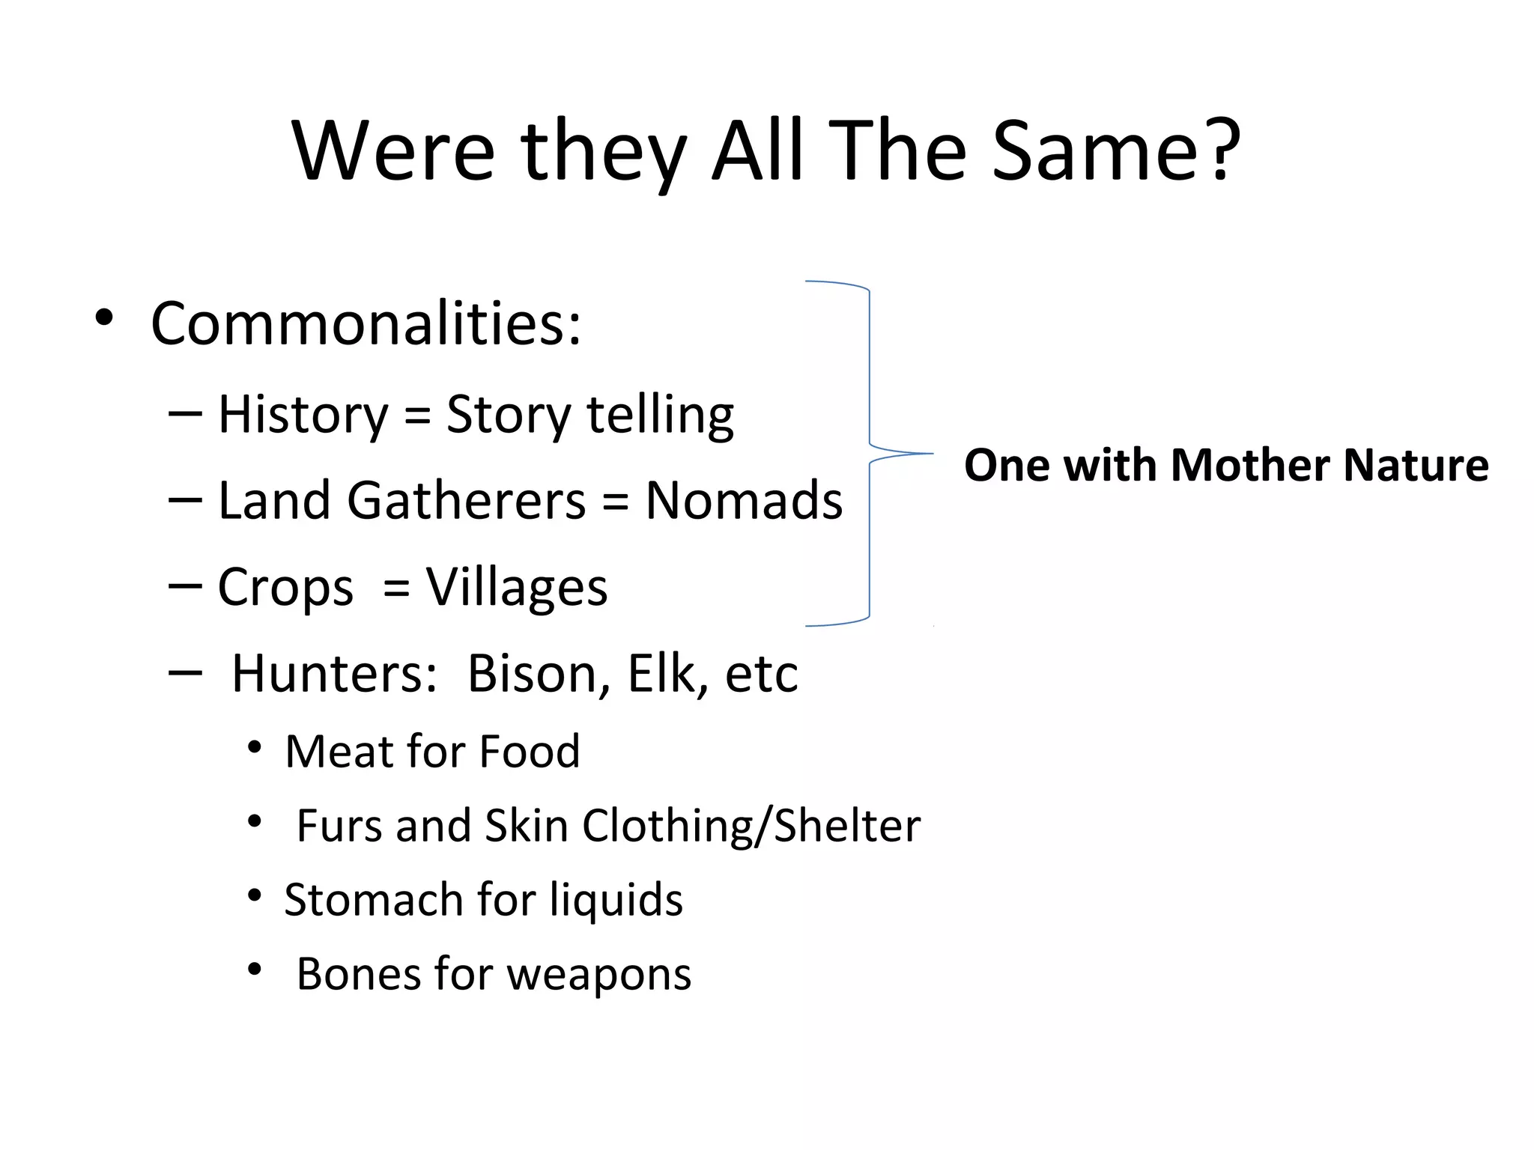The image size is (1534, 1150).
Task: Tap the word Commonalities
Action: coord(366,323)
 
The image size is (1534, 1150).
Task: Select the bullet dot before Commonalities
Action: coord(104,317)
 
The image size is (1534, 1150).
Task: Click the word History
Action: coord(303,415)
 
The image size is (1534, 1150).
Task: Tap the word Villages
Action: coord(517,588)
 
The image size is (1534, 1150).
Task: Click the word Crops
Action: coord(285,588)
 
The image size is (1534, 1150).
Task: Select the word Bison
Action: coord(532,674)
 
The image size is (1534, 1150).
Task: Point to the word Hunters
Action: coord(334,674)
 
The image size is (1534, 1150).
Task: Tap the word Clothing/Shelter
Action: coord(751,826)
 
